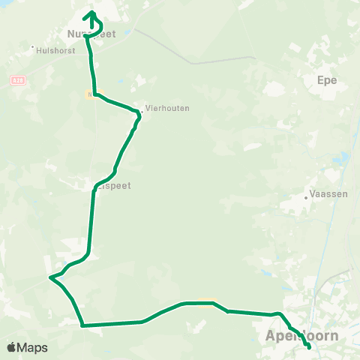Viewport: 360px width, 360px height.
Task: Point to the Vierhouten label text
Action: [x=168, y=108]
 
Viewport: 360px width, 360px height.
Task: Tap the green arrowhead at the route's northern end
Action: [x=91, y=13]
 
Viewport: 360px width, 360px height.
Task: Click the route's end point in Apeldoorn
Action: [x=309, y=346]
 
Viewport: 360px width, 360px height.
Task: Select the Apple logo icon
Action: [x=12, y=347]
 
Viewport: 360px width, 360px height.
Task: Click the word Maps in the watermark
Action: [x=33, y=347]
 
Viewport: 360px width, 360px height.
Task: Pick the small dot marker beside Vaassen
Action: [x=307, y=198]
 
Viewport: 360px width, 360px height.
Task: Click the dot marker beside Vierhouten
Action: [x=142, y=113]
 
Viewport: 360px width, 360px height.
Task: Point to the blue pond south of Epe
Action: [x=342, y=159]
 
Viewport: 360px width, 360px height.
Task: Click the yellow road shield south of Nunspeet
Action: [x=91, y=95]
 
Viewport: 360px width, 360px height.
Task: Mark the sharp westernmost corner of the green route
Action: [x=50, y=278]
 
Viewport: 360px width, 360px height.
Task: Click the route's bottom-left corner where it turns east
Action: [x=82, y=325]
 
